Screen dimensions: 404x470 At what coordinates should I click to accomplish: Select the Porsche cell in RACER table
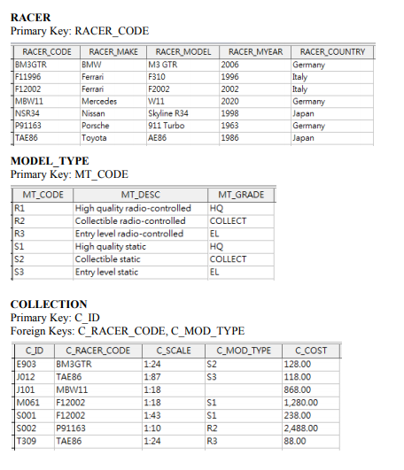[x=94, y=126]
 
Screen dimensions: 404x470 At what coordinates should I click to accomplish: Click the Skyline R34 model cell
[x=168, y=114]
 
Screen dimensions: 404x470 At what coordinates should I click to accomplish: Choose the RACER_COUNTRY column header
[x=332, y=52]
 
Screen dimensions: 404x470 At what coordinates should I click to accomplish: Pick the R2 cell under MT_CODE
[x=19, y=220]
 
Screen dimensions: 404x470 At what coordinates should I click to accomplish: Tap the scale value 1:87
[x=151, y=376]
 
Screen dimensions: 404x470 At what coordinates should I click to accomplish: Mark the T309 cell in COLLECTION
[x=26, y=439]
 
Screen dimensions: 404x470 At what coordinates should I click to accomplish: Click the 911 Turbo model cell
[x=165, y=126]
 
